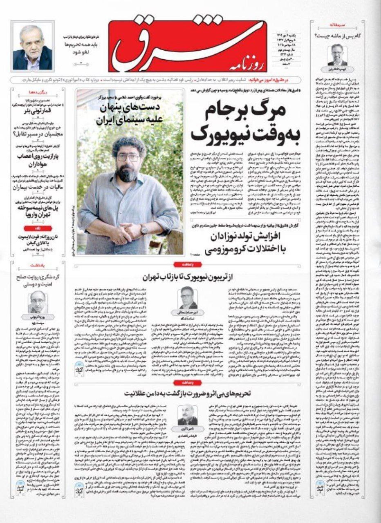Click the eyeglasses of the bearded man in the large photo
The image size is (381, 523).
128,157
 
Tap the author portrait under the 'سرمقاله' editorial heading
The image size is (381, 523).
338,55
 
